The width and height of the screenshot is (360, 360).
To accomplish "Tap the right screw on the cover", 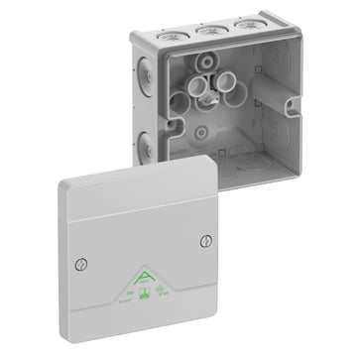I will pyautogui.click(x=205, y=238).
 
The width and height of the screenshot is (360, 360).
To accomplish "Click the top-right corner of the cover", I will pyautogui.click(x=216, y=163).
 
